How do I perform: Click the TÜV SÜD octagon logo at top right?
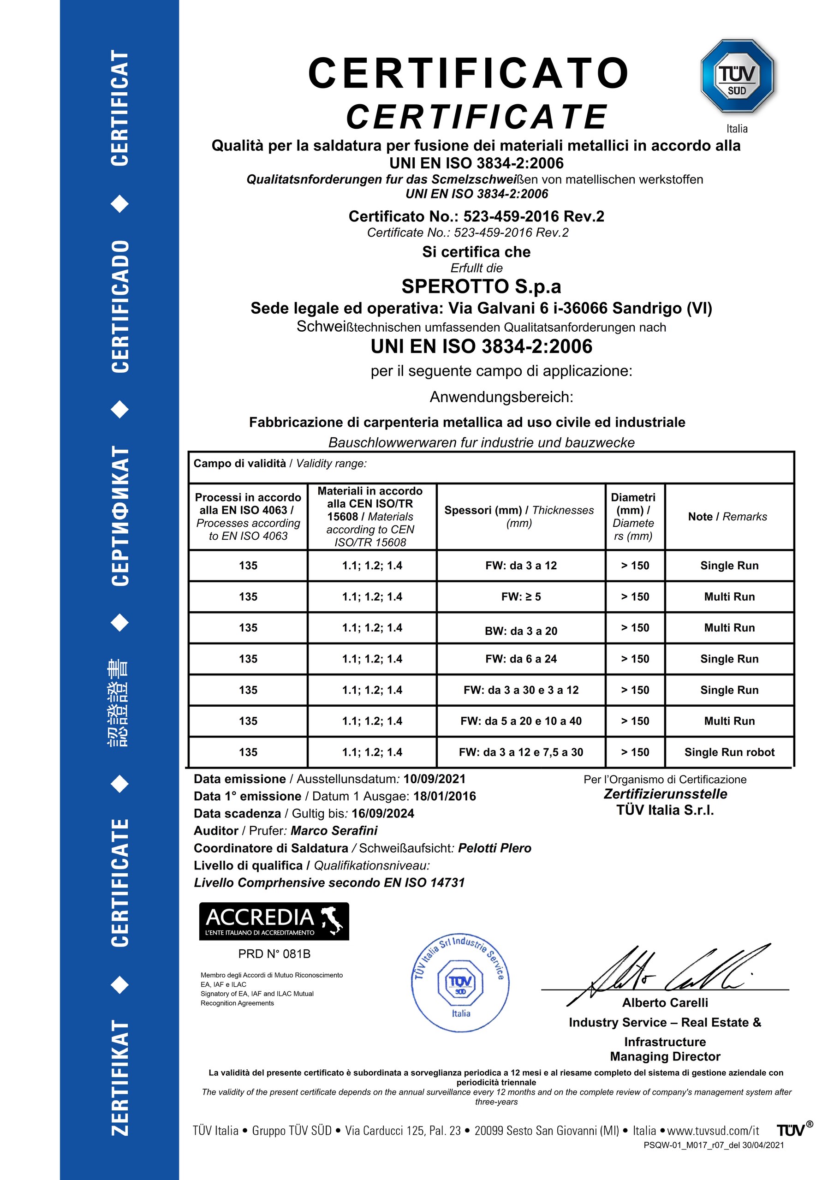737,76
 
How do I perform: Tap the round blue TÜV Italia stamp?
460,982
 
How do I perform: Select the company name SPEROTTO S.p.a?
481,286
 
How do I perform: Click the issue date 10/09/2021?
434,779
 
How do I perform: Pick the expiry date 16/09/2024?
383,813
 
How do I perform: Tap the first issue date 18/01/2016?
445,796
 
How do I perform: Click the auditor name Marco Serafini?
334,830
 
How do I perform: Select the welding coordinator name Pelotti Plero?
494,848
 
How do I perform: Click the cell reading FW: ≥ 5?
521,596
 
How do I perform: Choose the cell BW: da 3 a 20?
521,631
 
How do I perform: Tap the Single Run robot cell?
729,752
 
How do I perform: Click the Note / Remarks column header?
727,517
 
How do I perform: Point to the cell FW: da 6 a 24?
521,659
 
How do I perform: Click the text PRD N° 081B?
274,954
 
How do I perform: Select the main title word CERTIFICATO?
469,73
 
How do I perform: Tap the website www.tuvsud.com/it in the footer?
713,1131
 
